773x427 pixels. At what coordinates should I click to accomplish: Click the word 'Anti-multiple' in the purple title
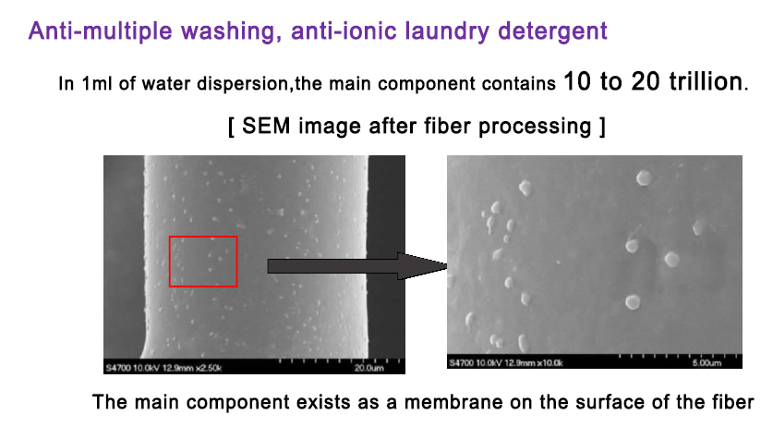tap(100, 31)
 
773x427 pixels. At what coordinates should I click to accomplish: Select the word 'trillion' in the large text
tap(706, 81)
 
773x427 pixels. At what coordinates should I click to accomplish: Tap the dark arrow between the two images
tap(356, 266)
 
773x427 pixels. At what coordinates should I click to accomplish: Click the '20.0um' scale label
tap(368, 368)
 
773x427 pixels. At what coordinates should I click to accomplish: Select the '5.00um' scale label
tap(707, 363)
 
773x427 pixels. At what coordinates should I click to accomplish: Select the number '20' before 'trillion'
tap(646, 81)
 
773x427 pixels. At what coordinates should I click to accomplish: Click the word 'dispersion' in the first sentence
tap(242, 84)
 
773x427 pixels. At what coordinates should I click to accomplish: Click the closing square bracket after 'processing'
tap(602, 127)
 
